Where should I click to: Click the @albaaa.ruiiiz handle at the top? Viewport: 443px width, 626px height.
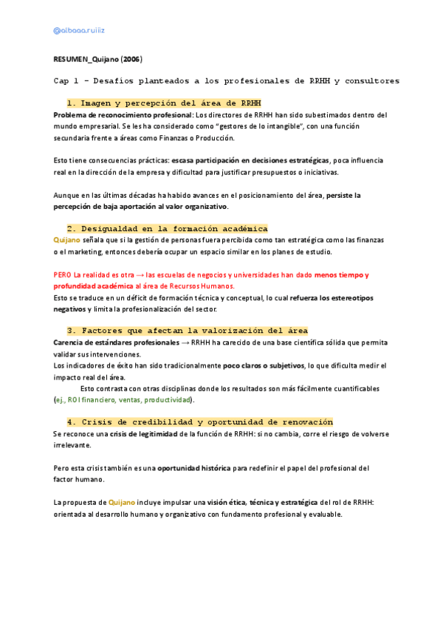pyautogui.click(x=80, y=30)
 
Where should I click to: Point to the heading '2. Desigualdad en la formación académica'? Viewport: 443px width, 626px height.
pyautogui.click(x=167, y=229)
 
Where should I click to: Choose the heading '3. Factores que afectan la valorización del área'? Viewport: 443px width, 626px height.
pyautogui.click(x=187, y=330)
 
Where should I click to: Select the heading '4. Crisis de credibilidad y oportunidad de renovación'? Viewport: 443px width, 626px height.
pyautogui.click(x=199, y=422)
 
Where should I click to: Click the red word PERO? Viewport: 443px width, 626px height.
pyautogui.click(x=63, y=275)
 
